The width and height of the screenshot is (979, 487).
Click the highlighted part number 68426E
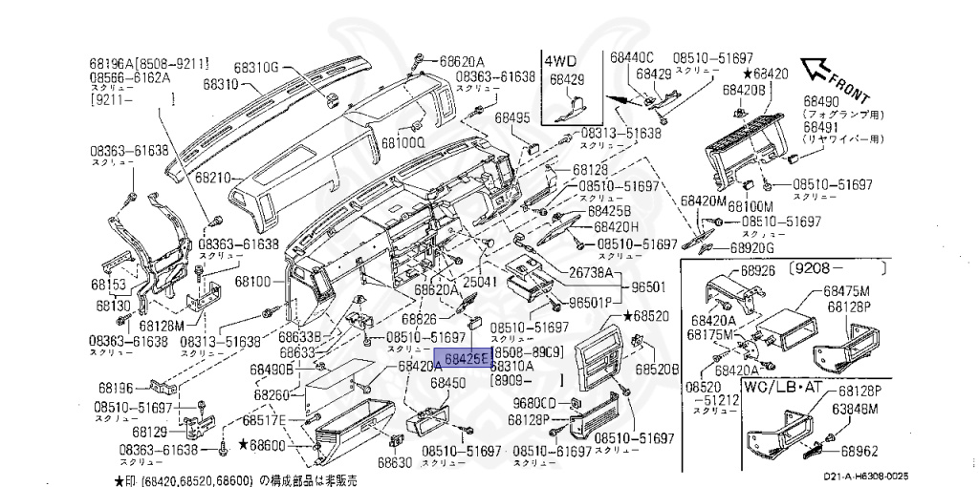[462, 358]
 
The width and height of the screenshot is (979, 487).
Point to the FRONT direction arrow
[820, 70]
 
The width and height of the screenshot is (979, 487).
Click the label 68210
[213, 178]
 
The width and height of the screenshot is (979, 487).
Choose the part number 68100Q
[402, 142]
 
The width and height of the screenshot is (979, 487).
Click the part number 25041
[481, 283]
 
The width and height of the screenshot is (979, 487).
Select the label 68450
[446, 383]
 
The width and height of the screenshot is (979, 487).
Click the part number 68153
[109, 285]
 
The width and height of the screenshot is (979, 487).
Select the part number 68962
[859, 449]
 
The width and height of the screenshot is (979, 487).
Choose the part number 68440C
[632, 57]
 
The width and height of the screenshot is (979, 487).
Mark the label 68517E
[264, 419]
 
